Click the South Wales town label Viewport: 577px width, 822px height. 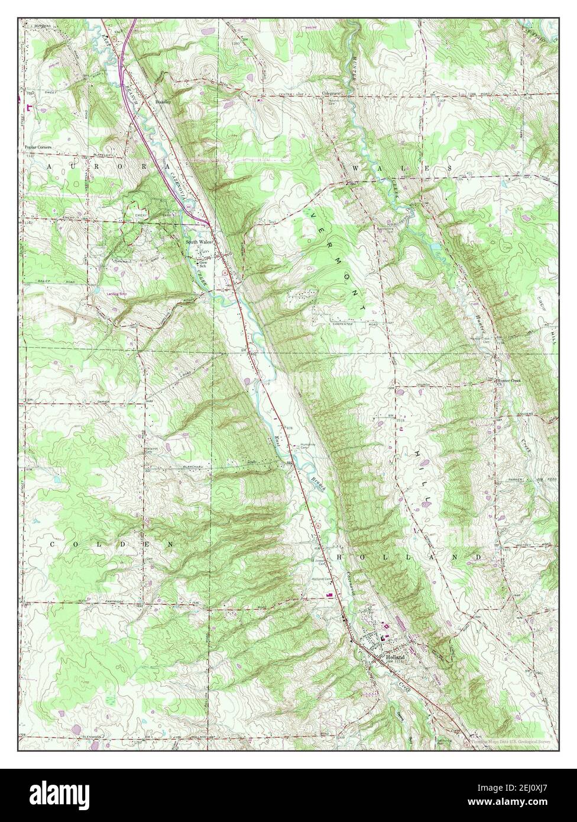pyautogui.click(x=199, y=242)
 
